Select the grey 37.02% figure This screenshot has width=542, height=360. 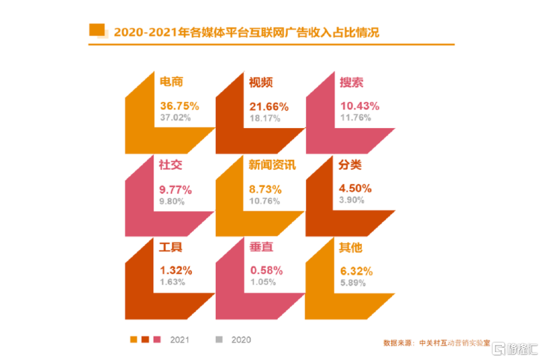175,117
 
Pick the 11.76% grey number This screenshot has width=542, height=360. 357,117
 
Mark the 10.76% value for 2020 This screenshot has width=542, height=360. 265,200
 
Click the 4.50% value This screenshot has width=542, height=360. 356,189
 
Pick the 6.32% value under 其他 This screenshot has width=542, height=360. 356,271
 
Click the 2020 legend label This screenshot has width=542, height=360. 241,339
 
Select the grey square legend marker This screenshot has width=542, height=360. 219,339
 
